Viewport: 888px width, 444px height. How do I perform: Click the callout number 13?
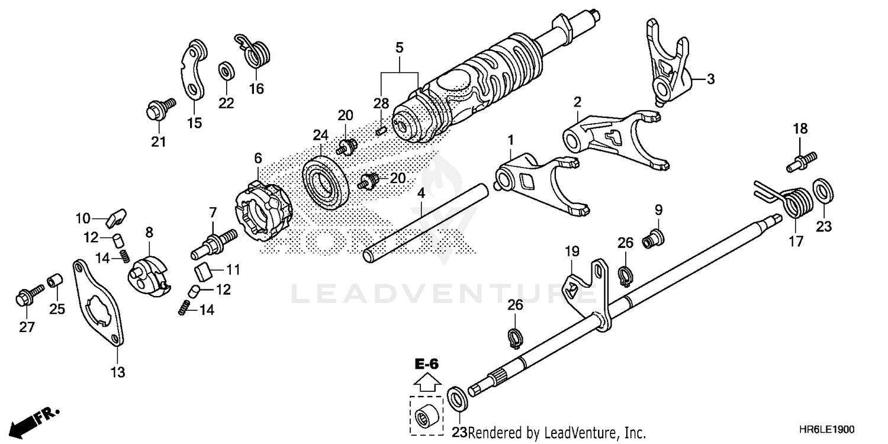117,372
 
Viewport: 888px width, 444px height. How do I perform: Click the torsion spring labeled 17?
792,202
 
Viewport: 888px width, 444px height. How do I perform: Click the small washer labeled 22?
226,71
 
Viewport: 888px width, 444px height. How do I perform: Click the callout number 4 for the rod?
421,193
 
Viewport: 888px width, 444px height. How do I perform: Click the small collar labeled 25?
55,280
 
